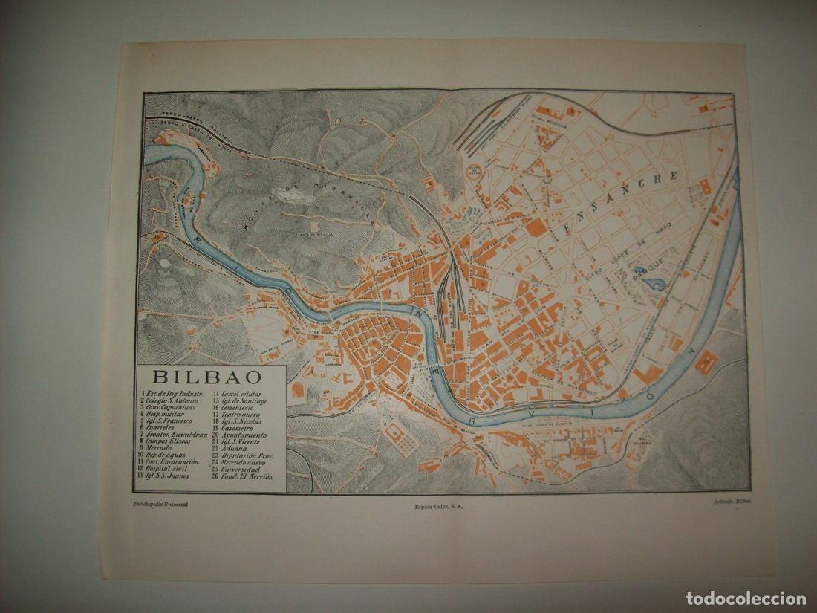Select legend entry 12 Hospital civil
[x=164, y=469]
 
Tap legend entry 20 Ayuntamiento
[x=239, y=435]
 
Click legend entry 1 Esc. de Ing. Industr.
[x=172, y=395]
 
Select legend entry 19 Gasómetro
[x=235, y=429]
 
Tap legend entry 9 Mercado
[x=157, y=449]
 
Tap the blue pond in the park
[x=654, y=283]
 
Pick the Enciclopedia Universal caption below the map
[x=160, y=504]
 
